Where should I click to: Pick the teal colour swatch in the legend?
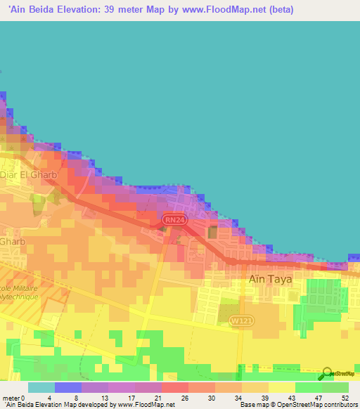coord(41,387)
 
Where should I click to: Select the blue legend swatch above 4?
coord(67,387)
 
